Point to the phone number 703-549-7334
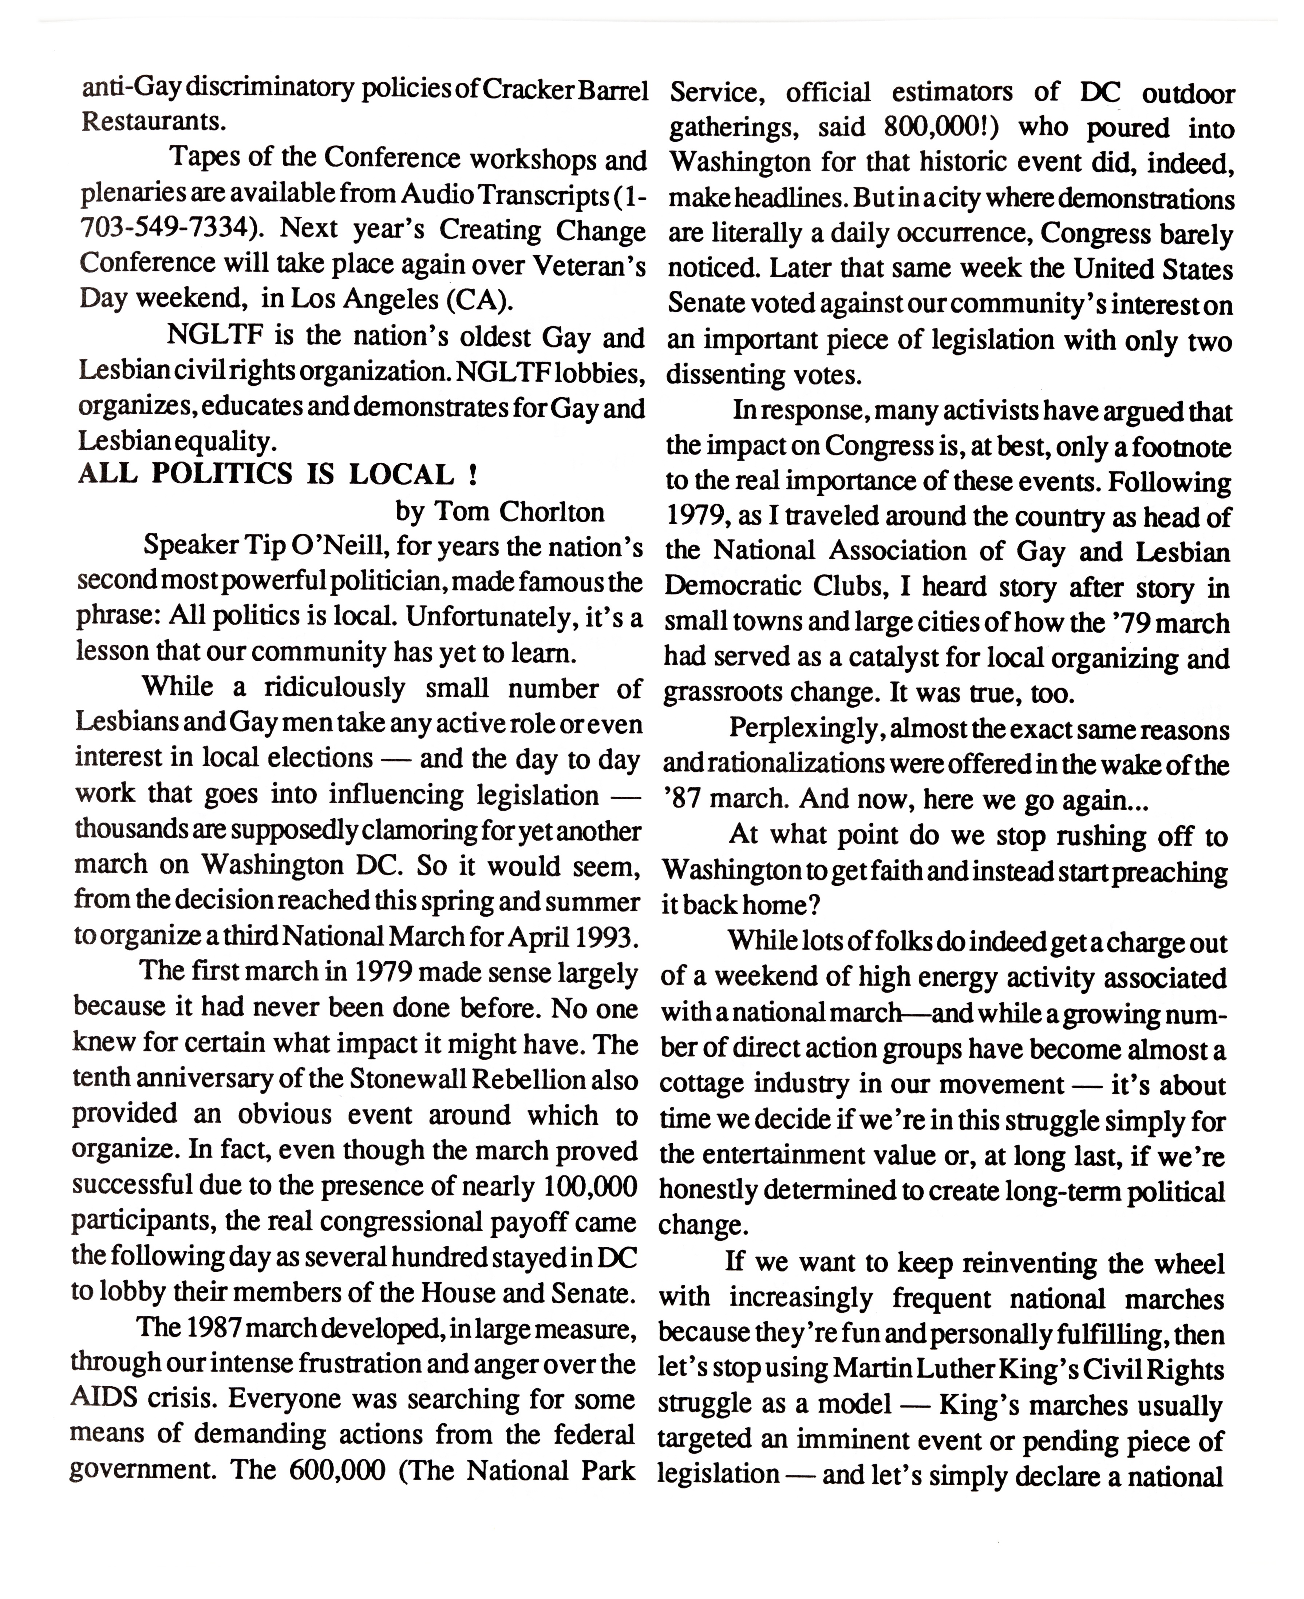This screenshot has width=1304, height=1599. pyautogui.click(x=164, y=229)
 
